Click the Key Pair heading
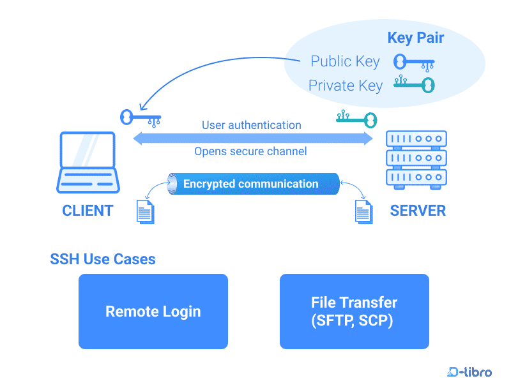[x=415, y=38]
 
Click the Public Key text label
[x=345, y=61]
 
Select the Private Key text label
[x=345, y=86]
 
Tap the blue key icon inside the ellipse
[x=414, y=62]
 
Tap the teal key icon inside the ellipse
[x=414, y=84]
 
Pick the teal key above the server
[x=356, y=117]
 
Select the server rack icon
[x=416, y=158]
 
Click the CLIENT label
[x=88, y=211]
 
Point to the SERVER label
[x=418, y=211]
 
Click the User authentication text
[x=251, y=125]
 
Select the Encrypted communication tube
[x=252, y=184]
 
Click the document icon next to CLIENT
[x=146, y=211]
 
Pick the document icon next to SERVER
[x=363, y=211]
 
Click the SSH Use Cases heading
[x=103, y=259]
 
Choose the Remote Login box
[x=153, y=312]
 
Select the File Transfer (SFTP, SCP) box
[x=354, y=312]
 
